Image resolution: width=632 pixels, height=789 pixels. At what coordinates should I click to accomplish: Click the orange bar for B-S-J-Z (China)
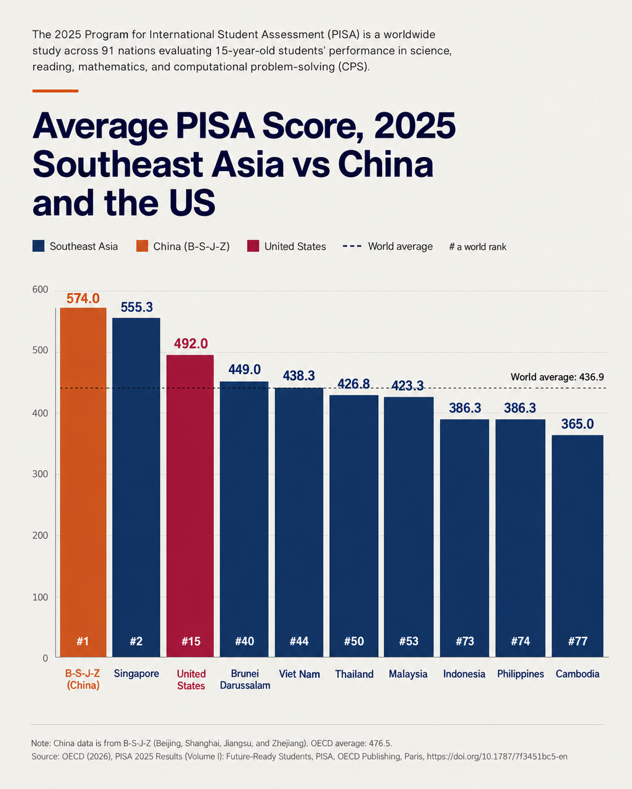(83, 482)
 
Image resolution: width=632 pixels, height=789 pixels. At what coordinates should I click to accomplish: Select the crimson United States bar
(190, 506)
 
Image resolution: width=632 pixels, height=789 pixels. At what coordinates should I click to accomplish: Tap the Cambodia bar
(577, 546)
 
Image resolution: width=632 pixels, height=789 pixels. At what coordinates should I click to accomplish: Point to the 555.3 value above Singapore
(137, 307)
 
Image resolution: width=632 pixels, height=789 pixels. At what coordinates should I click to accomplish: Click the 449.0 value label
(244, 369)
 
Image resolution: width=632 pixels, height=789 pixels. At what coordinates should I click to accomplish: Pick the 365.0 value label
(577, 424)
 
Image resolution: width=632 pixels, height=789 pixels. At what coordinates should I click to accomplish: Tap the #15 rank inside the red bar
(191, 641)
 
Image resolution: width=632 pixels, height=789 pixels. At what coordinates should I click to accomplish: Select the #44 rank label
(299, 641)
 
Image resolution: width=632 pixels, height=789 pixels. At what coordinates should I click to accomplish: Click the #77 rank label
(578, 641)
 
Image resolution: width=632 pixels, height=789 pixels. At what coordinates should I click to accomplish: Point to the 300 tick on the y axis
(40, 474)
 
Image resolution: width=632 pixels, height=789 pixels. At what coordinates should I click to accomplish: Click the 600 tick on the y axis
(40, 289)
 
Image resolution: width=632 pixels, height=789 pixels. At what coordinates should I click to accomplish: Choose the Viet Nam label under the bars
(299, 674)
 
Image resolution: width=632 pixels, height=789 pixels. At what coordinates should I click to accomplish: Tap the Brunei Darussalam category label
(245, 679)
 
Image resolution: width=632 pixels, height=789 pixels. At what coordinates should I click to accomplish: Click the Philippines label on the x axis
(520, 674)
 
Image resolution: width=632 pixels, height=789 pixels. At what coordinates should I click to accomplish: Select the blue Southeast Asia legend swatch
(38, 246)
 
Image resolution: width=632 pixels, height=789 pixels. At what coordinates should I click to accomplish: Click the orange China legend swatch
(142, 246)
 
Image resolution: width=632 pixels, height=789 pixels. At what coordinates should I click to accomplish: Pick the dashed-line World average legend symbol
(352, 246)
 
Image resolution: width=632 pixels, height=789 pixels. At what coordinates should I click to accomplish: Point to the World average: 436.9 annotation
(557, 377)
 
